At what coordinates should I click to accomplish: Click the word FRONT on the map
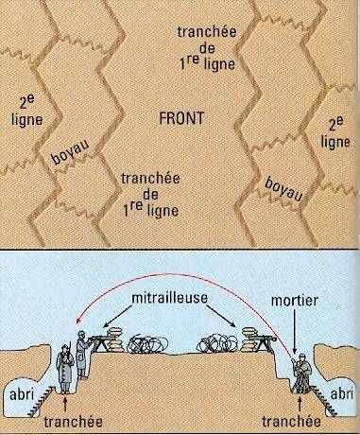pos(181,118)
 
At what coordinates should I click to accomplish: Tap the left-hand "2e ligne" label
pos(26,112)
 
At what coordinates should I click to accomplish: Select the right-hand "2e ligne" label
pos(335,132)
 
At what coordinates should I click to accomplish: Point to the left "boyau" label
pos(70,151)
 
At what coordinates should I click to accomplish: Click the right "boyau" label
pos(283,189)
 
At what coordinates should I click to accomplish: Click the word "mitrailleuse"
pos(170,298)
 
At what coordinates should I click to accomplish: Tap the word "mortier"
pos(294,301)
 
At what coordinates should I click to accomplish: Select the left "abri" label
pos(22,394)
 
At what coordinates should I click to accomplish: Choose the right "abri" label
pos(341,394)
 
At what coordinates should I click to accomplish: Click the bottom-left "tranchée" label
pos(73,422)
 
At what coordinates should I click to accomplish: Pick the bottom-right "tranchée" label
pos(291,422)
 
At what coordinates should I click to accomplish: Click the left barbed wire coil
pos(146,344)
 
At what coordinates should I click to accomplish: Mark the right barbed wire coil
pos(217,343)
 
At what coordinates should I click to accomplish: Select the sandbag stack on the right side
pos(250,339)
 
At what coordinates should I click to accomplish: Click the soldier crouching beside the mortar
pos(301,374)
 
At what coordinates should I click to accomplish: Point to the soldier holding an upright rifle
pos(65,369)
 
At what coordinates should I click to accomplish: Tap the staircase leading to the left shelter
pos(42,400)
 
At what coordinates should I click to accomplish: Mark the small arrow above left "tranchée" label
pos(65,405)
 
